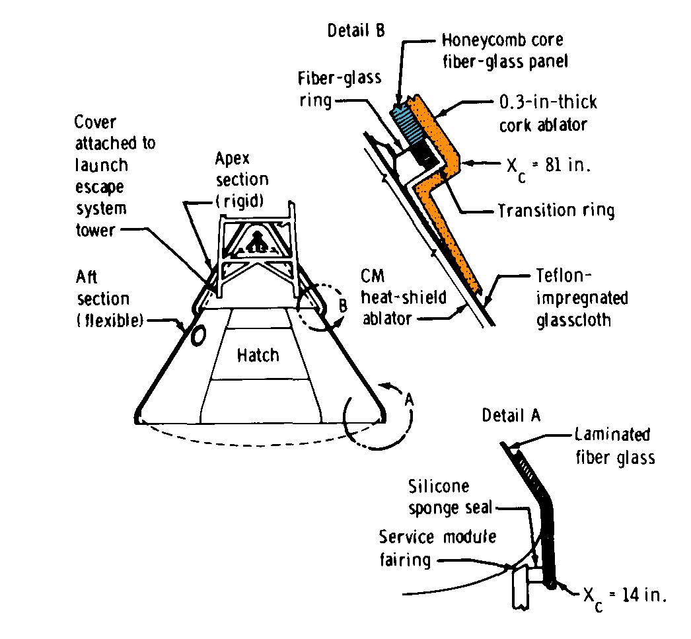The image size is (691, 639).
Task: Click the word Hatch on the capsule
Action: point(258,356)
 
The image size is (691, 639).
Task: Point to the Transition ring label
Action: point(556,211)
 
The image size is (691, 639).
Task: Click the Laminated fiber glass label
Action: point(614,445)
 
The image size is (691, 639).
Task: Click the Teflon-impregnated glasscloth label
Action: point(581,299)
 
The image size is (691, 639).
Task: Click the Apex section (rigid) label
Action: point(242,179)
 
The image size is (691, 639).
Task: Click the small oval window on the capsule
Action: point(197,336)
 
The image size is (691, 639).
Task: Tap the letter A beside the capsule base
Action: point(410,399)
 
